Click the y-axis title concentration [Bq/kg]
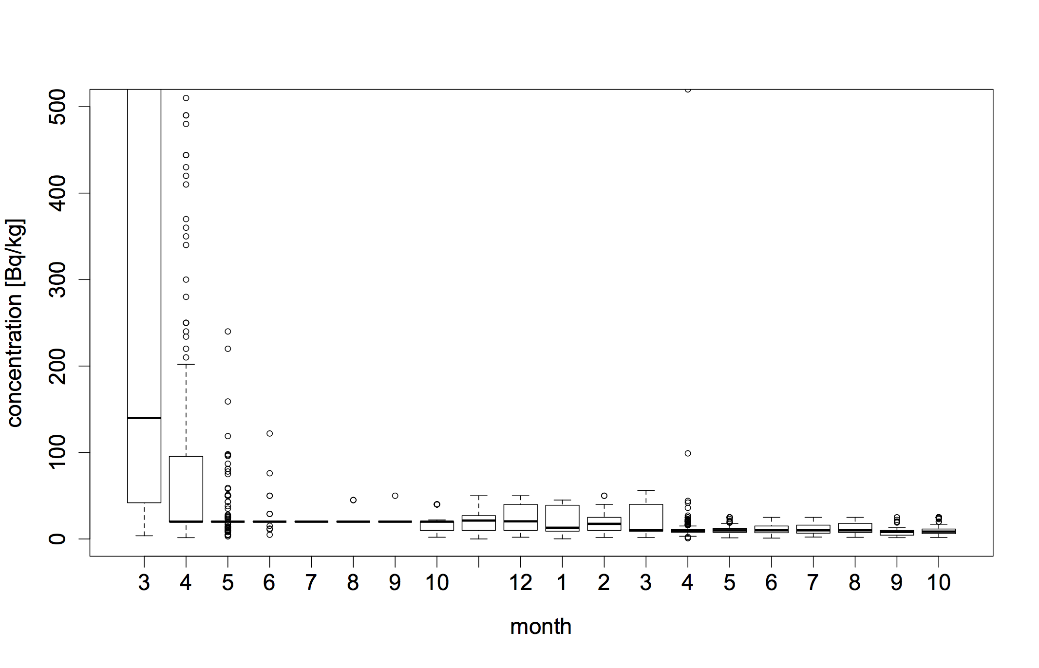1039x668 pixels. click(16, 323)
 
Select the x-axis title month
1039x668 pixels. click(541, 627)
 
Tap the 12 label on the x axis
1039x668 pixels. click(520, 583)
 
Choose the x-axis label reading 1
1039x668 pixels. click(562, 583)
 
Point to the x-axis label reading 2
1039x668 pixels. click(604, 583)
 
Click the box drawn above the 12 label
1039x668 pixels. click(520, 517)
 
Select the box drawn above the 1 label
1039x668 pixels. click(562, 518)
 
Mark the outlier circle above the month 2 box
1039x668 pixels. click(604, 496)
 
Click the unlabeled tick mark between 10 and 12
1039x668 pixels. click(479, 562)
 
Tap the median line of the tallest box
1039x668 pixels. click(144, 418)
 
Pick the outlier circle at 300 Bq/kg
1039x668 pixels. click(186, 279)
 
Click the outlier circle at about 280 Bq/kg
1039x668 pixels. click(186, 297)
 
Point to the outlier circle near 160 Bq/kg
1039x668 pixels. click(227, 402)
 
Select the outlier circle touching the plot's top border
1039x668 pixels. click(688, 90)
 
